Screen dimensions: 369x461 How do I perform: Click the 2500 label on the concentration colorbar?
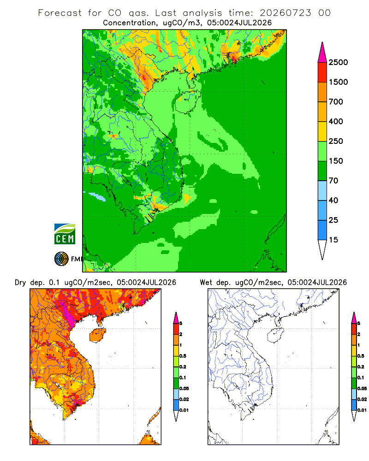tap(338, 62)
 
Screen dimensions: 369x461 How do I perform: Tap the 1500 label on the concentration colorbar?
tap(338, 82)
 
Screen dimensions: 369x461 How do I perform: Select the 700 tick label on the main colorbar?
tap(336, 102)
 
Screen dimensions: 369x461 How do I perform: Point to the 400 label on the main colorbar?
tap(336, 121)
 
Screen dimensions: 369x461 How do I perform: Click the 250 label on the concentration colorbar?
tap(336, 141)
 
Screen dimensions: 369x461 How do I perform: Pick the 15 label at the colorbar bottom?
tap(333, 240)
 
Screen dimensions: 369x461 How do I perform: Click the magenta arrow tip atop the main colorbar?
tap(322, 52)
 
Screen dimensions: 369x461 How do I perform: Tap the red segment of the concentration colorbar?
tap(322, 72)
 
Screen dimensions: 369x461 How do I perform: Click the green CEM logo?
tap(65, 234)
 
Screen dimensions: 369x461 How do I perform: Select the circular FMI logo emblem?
tap(61, 259)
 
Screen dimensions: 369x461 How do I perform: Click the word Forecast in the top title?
tap(60, 13)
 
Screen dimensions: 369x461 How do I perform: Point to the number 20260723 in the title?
tap(285, 13)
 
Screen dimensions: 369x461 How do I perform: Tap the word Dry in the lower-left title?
tap(20, 283)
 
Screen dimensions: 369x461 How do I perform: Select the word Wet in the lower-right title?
tap(206, 283)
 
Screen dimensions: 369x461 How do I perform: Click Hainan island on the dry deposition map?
tap(97, 335)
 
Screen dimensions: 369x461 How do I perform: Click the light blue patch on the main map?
tap(97, 197)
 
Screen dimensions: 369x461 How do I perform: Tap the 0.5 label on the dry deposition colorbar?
tap(183, 356)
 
